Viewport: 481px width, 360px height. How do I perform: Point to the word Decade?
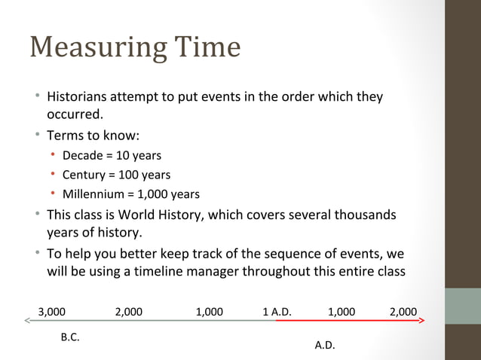pos(82,156)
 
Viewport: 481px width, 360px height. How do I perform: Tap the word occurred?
pos(74,114)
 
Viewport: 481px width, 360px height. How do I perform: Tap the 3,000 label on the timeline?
pos(51,311)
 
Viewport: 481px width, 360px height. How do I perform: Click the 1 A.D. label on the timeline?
pos(277,311)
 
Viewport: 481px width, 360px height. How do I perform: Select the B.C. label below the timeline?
pos(70,337)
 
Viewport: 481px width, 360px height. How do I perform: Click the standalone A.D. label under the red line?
pos(325,346)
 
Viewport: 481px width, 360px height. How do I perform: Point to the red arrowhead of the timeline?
pos(421,321)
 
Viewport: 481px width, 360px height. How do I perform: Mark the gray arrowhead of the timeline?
pos(27,321)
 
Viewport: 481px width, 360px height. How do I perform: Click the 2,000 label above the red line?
pos(403,311)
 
